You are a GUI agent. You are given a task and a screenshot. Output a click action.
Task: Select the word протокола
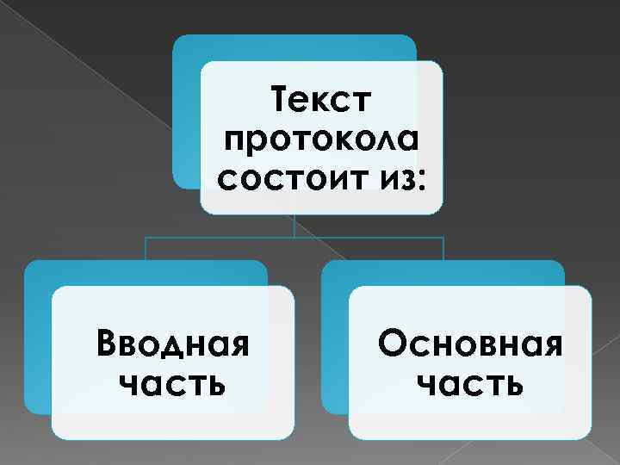point(320,140)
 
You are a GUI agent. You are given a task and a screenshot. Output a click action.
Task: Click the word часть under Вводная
point(171,383)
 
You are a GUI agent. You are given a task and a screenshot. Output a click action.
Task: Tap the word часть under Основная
point(471,383)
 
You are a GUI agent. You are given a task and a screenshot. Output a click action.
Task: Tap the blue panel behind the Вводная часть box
point(37,344)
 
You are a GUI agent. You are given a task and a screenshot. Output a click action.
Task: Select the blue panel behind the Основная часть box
point(334,344)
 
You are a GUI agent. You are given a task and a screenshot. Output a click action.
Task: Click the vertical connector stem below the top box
point(294,226)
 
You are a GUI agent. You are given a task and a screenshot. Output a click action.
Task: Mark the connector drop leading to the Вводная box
point(146,248)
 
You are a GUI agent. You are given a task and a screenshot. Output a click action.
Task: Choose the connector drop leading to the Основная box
point(443,248)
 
